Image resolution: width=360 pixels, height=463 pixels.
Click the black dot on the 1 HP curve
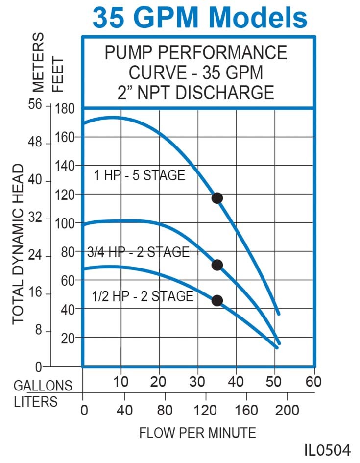tap(217, 198)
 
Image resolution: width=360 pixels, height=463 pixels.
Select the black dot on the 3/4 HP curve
tap(217, 265)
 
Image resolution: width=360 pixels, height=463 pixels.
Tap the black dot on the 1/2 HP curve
tap(217, 300)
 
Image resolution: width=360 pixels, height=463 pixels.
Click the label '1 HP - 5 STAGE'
tap(140, 175)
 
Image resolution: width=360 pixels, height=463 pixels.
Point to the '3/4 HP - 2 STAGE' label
tap(138, 252)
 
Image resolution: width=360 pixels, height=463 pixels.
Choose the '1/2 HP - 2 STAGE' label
tap(143, 296)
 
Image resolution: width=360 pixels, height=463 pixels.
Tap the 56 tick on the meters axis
tap(36, 105)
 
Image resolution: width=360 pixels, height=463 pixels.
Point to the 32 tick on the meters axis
tap(36, 219)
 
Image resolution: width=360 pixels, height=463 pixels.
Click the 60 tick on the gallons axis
tap(313, 382)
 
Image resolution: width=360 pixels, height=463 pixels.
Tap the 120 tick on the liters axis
tap(205, 410)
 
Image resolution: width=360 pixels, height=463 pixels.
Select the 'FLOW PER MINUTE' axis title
tap(197, 433)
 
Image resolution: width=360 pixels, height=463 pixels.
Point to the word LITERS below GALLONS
tap(35, 402)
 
